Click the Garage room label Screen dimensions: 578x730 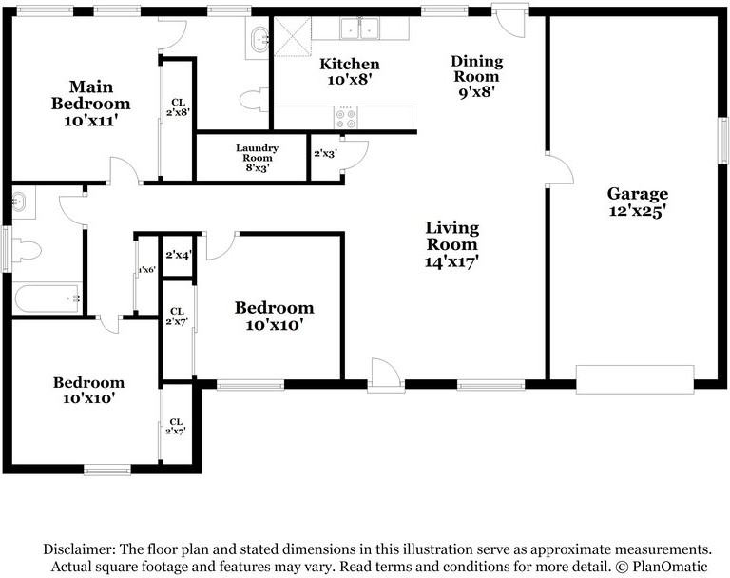(637, 193)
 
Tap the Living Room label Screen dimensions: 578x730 (451, 236)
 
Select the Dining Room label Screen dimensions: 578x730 (476, 68)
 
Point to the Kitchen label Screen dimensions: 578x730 (349, 64)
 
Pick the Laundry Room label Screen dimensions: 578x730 (257, 153)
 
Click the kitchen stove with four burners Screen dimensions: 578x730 (345, 118)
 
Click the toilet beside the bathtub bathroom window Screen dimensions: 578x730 (26, 251)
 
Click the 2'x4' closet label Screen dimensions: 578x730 (178, 255)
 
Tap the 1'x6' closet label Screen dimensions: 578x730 (146, 270)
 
